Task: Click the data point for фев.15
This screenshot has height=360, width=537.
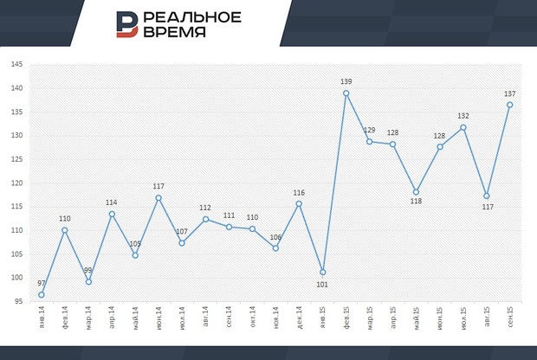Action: point(346,93)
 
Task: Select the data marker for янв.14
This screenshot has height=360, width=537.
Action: point(42,295)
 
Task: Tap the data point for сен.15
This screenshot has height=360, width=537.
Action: point(509,105)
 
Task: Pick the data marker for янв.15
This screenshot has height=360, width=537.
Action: point(322,273)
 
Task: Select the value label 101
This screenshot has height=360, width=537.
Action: point(321,285)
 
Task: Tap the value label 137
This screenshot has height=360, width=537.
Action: point(509,93)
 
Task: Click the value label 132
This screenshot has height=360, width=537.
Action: point(463,116)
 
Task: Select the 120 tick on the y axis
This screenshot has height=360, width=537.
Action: point(17,183)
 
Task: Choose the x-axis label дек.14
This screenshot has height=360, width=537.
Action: point(299,319)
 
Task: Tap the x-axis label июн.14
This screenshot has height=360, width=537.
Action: point(159,319)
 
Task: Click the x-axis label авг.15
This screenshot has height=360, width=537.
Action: point(486,319)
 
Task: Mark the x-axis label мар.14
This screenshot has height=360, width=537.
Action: point(88,319)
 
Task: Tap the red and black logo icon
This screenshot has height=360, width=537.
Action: point(127,24)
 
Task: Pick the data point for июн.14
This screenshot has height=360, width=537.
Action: point(159,198)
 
